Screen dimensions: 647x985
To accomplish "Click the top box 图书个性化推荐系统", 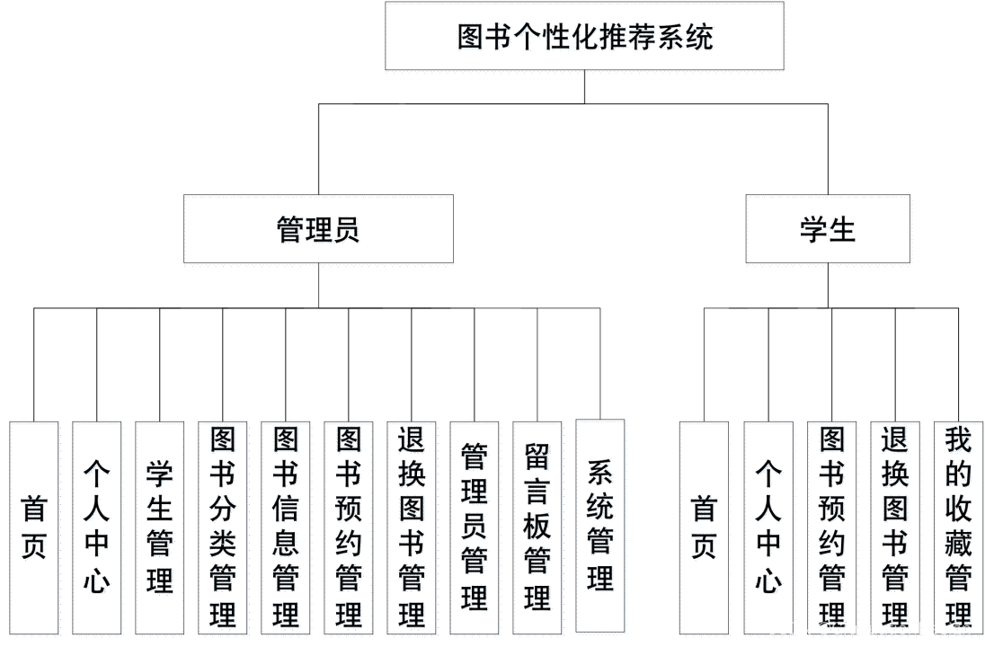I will point(585,38).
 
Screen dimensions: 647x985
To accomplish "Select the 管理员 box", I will point(318,231).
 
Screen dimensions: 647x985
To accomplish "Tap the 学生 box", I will point(829,231).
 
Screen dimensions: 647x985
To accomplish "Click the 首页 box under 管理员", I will point(35,529).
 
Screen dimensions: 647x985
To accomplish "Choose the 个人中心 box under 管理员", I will point(98,529).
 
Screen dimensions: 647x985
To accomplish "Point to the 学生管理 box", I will point(161,529).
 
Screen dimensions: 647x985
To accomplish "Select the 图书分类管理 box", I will point(223,529).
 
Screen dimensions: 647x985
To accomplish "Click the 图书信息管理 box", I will point(286,529).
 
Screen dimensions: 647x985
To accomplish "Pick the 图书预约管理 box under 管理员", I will point(349,529).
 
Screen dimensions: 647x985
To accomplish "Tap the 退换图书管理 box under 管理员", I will point(412,529).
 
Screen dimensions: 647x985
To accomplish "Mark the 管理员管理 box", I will point(475,529).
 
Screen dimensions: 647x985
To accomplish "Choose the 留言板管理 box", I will point(537,529).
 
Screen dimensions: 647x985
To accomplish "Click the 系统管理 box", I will point(601,527).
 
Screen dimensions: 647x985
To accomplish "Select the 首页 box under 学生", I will point(705,529).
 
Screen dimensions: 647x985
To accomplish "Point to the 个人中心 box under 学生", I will point(769,529).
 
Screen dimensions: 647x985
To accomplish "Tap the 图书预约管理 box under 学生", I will point(832,529).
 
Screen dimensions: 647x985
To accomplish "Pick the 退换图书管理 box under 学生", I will point(895,529).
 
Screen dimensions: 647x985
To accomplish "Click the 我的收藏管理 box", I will point(958,529).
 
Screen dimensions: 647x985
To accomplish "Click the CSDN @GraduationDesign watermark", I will point(868,629).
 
